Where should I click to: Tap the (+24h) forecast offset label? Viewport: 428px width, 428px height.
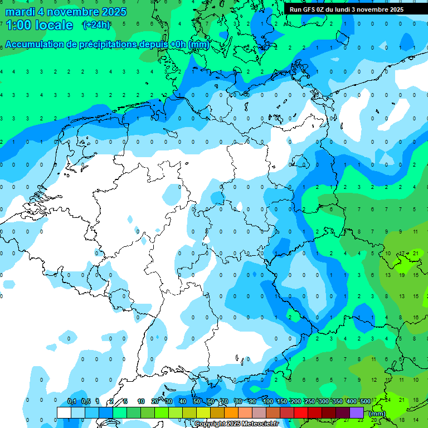pos(96,25)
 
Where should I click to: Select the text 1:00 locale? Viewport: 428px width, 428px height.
pos(39,25)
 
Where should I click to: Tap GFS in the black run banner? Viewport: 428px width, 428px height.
pos(309,9)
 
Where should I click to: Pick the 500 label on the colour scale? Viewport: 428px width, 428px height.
pos(365,401)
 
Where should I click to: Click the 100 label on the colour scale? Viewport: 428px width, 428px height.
pos(267,401)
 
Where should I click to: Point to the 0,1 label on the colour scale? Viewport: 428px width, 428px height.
pos(72,401)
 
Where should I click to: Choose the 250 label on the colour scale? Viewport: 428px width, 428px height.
pos(309,401)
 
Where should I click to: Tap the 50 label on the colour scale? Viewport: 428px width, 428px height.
pos(197,401)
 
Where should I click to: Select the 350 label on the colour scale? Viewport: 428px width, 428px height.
pos(337,401)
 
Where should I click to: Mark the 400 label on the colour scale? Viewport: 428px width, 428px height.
pos(351,401)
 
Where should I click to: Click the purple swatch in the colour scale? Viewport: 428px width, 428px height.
pos(357,412)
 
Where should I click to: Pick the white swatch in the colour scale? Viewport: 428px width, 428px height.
pos(64,412)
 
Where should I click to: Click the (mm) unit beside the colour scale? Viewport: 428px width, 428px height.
pos(377,414)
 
